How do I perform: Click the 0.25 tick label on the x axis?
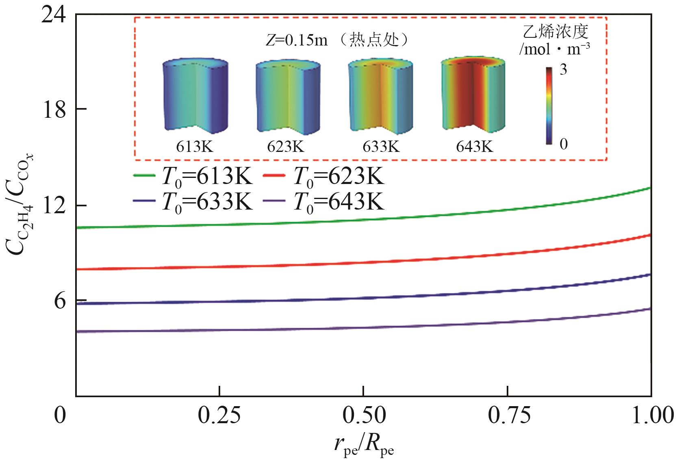[219, 416]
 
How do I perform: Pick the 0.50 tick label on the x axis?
[364, 416]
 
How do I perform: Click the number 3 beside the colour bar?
[563, 70]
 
